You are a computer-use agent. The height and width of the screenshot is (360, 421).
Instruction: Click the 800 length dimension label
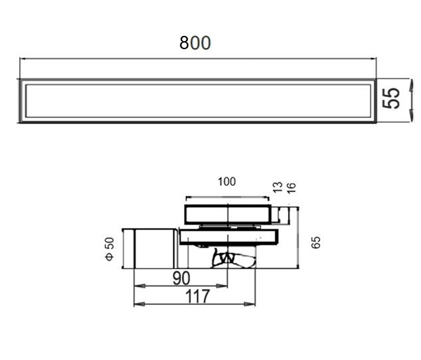(195, 43)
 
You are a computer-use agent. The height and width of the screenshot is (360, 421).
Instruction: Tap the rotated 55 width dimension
(391, 98)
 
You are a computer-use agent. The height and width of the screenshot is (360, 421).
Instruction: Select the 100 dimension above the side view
(227, 181)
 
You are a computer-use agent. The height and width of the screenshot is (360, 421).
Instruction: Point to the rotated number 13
(278, 187)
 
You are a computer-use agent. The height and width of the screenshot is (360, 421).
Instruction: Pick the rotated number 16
(292, 188)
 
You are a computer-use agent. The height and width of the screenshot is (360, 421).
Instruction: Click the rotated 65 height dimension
(316, 242)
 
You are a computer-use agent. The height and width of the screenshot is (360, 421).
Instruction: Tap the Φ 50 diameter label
(110, 249)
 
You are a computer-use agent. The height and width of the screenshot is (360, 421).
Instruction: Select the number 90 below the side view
(181, 278)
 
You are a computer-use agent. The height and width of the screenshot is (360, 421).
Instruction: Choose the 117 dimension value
(198, 296)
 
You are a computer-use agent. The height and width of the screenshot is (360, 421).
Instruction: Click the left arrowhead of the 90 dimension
(139, 286)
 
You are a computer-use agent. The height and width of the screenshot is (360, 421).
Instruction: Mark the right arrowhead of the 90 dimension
(222, 286)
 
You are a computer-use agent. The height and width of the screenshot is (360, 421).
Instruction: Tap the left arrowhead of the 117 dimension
(139, 304)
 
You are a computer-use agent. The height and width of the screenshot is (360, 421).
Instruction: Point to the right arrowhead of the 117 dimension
(250, 304)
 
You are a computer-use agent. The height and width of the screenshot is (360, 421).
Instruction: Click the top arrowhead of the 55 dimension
(411, 85)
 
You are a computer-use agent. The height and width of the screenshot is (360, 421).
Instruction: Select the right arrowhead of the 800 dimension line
(373, 58)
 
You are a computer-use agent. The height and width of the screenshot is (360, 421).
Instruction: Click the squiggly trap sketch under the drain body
(234, 258)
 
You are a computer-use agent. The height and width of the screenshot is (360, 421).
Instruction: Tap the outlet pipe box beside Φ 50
(149, 249)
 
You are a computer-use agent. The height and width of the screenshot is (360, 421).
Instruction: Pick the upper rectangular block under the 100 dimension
(228, 215)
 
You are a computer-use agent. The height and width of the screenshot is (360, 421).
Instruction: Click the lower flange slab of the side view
(228, 237)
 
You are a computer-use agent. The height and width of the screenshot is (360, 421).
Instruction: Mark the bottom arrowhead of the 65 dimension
(297, 266)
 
